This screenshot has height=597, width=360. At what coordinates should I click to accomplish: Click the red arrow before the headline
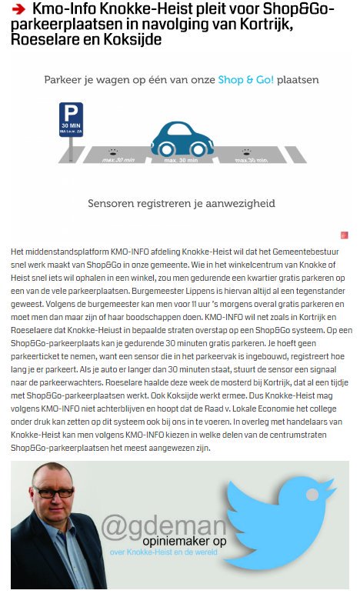[19, 10]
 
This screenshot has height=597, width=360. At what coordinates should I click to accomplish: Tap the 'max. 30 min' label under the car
[181, 160]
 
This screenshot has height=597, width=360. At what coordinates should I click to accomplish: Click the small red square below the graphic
[345, 235]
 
